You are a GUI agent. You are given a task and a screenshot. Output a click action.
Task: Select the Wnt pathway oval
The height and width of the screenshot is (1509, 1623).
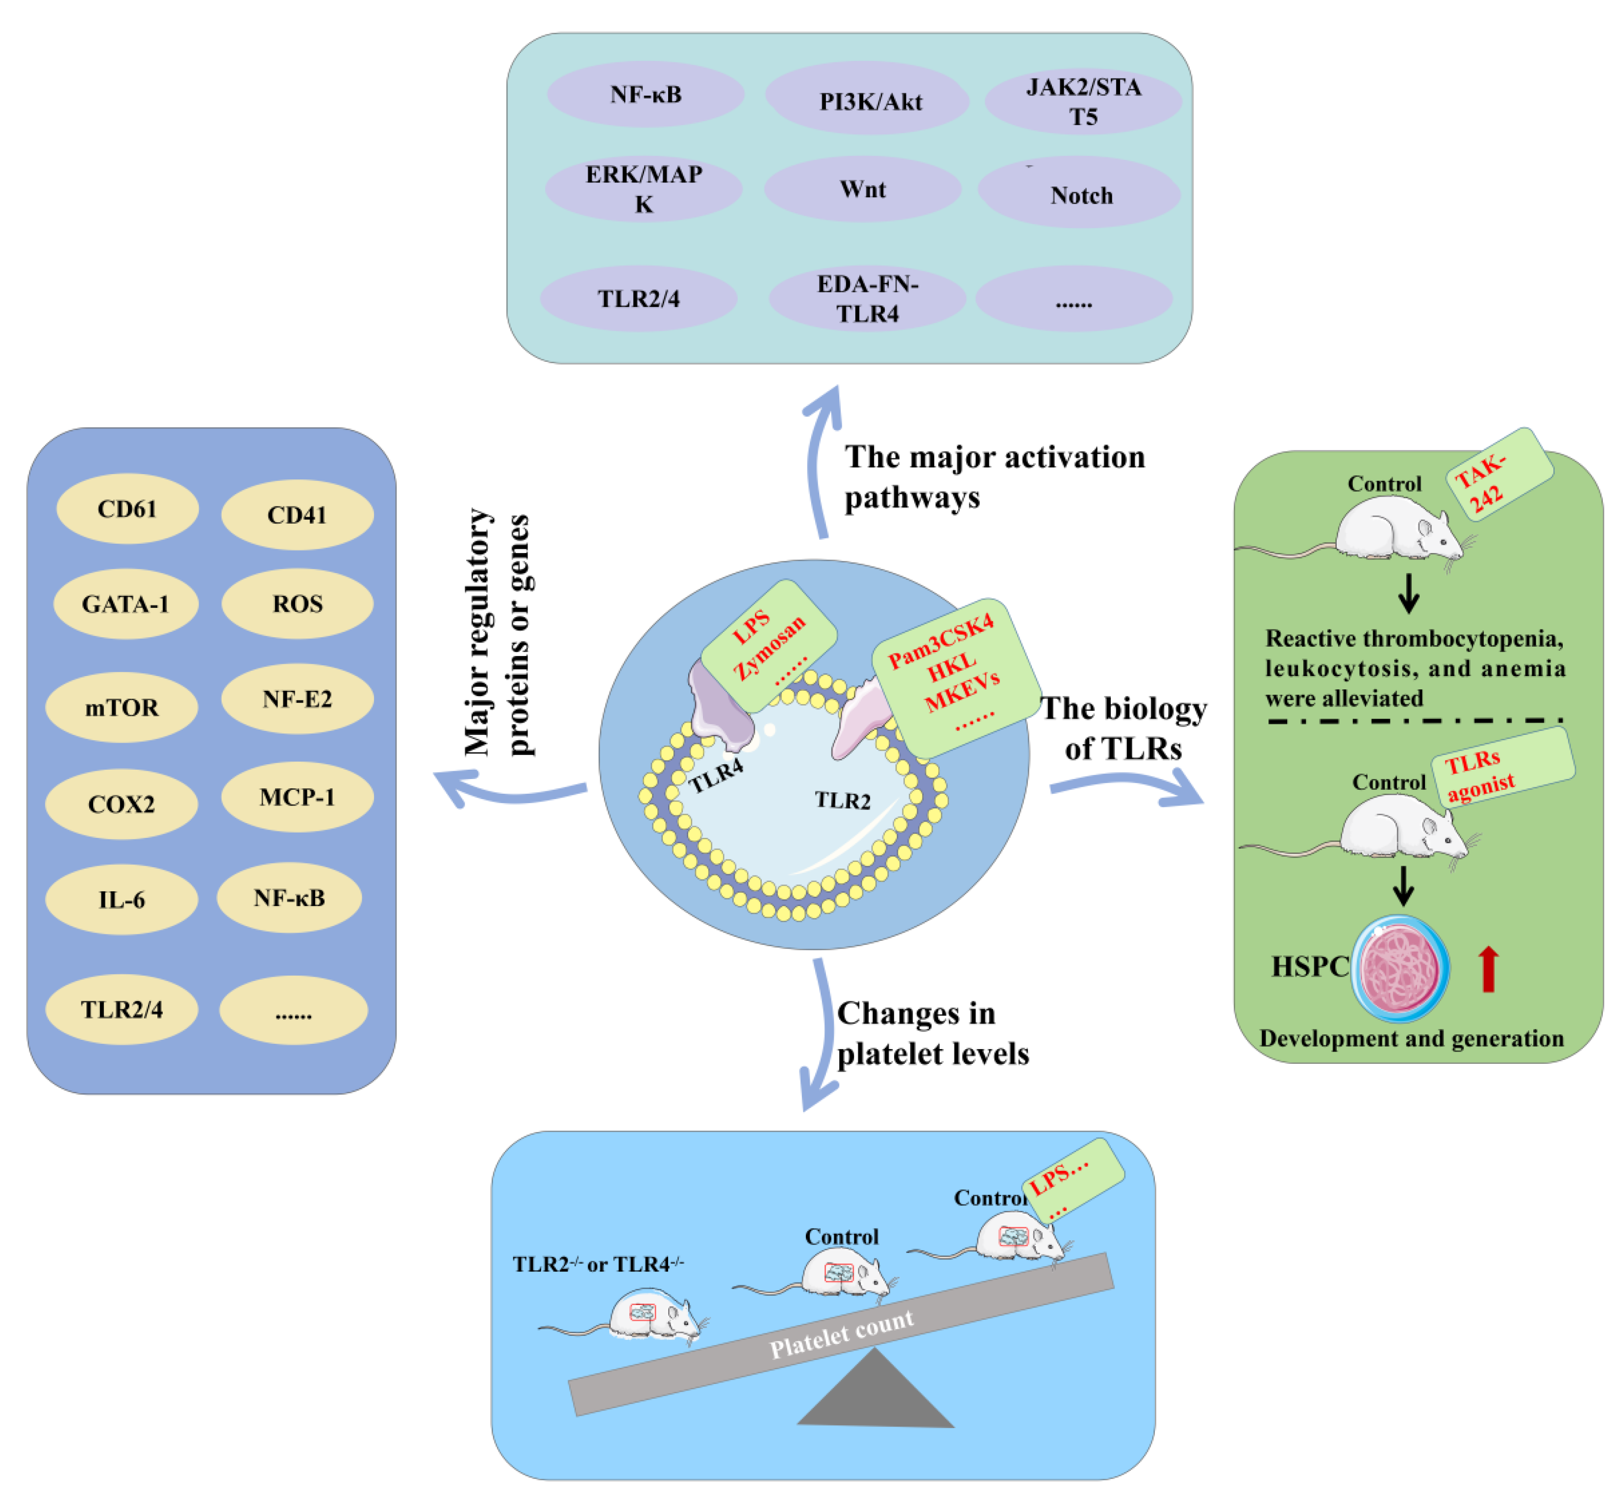coord(863,189)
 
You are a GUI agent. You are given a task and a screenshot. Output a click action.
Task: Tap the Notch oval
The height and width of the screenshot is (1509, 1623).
coord(1079,194)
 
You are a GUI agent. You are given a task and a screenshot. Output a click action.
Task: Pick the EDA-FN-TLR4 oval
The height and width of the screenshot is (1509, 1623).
coord(868,299)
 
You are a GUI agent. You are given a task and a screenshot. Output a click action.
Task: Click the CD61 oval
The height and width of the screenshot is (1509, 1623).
coord(127,509)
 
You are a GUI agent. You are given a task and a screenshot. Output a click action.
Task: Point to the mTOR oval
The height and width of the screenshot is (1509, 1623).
coord(122,707)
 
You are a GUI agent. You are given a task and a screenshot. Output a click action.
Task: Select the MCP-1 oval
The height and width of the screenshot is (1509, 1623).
coord(297,797)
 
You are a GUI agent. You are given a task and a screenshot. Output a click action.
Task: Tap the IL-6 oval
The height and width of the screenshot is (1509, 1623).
coord(122,900)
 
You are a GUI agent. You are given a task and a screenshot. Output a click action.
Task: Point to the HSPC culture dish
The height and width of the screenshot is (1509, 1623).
coord(1399,968)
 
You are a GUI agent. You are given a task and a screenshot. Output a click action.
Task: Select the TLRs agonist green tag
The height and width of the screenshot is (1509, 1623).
coord(1502,768)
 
